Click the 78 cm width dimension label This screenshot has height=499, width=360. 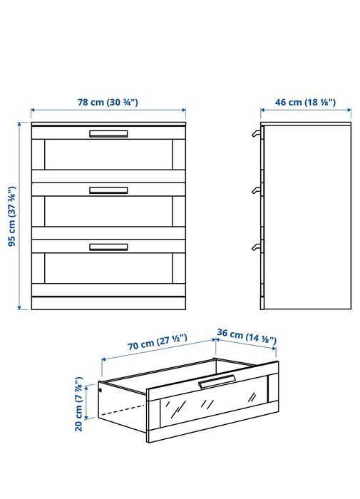[x=108, y=102]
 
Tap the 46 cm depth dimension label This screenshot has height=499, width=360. [x=305, y=102]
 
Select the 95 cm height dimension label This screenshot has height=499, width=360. [x=12, y=216]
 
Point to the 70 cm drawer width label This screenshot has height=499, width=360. [x=158, y=342]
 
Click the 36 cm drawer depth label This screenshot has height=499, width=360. [x=247, y=336]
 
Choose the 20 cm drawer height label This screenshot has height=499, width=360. [x=78, y=404]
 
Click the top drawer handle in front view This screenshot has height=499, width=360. [x=108, y=134]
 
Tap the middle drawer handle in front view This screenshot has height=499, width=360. [x=108, y=190]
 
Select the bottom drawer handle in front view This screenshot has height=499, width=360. [x=108, y=247]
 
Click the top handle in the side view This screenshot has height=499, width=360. [x=257, y=134]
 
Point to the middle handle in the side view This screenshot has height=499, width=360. [x=257, y=190]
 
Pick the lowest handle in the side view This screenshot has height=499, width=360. [x=257, y=247]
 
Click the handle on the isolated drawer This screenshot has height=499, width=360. [x=217, y=381]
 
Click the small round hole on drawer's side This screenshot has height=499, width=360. [x=101, y=390]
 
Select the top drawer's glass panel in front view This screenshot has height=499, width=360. [x=108, y=155]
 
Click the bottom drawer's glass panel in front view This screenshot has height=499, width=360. [x=108, y=268]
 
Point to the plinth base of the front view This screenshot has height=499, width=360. [x=108, y=303]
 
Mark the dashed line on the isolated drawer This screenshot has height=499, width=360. [x=123, y=410]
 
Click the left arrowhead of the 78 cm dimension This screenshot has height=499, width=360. [x=33, y=110]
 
